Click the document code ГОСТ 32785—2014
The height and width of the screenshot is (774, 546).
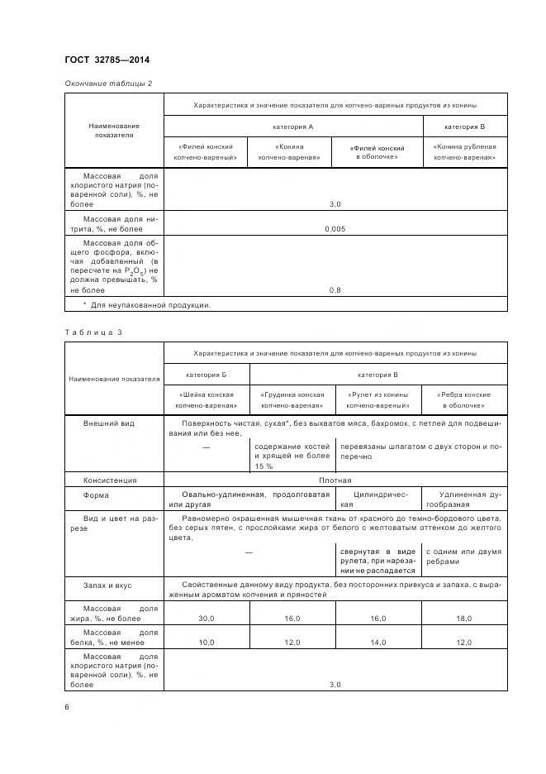pos(107,60)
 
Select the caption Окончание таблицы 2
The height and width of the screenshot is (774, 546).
pos(108,84)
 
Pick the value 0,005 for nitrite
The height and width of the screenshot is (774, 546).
pos(335,228)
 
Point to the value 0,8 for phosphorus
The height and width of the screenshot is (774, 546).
pos(335,290)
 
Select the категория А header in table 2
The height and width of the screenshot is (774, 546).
pos(293,127)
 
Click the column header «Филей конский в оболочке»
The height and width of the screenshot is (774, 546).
pos(377,151)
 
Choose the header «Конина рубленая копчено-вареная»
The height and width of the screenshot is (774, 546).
pos(465,151)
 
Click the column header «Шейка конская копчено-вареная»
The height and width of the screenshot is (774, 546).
pos(207,400)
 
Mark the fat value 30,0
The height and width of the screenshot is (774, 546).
pos(207,618)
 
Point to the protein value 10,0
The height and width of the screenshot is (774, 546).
pos(207,642)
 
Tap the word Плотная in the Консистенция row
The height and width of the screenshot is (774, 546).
pos(335,480)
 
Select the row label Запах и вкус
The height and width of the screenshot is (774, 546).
pos(107,585)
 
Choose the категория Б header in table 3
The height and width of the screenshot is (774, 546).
pos(207,375)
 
